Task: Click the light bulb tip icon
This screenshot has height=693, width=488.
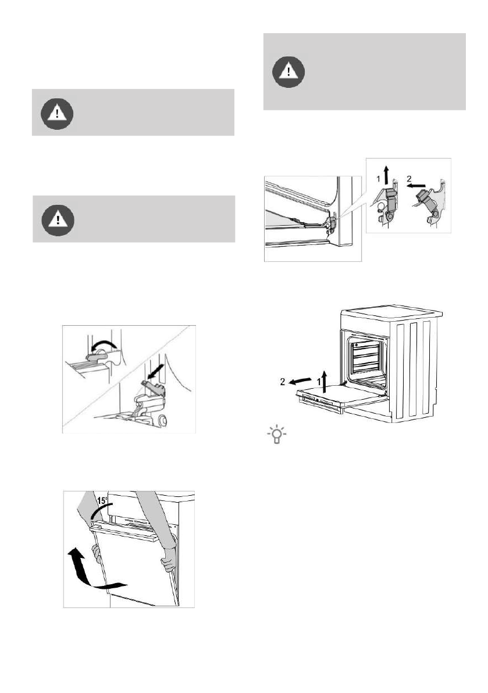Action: pyautogui.click(x=277, y=435)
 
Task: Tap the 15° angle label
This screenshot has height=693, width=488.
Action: pyautogui.click(x=102, y=501)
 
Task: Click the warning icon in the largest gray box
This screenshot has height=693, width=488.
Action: pyautogui.click(x=288, y=71)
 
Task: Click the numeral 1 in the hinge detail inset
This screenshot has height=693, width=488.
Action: pyautogui.click(x=378, y=179)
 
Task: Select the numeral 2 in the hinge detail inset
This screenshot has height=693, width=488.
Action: pyautogui.click(x=409, y=179)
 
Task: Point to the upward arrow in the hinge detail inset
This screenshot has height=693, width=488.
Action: pyautogui.click(x=387, y=176)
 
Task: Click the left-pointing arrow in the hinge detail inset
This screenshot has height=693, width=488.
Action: pyautogui.click(x=416, y=186)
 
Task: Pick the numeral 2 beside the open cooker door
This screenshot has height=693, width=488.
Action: pyautogui.click(x=283, y=382)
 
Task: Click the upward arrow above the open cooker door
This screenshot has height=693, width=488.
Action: pyautogui.click(x=325, y=382)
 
